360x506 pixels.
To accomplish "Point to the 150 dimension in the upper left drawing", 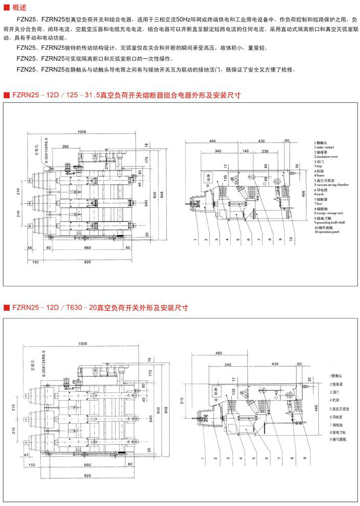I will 35,262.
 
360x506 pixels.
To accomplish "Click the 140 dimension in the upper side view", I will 245,151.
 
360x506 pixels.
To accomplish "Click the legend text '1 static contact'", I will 328,147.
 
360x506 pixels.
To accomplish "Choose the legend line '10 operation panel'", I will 331,232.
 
